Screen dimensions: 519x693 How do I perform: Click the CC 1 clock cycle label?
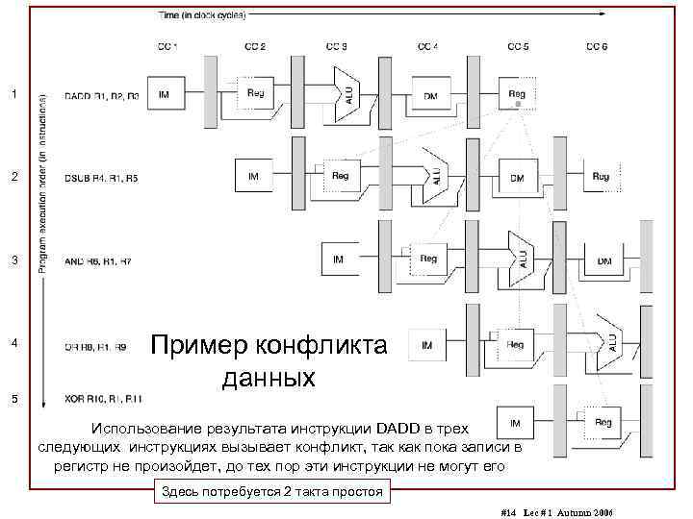tap(167, 45)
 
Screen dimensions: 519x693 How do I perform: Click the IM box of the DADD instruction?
tap(165, 94)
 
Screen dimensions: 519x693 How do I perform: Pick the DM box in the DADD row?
tap(429, 94)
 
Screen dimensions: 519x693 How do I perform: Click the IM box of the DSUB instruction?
tap(254, 177)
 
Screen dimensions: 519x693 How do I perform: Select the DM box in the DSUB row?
tap(517, 178)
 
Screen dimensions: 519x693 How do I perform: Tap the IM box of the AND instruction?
tap(339, 259)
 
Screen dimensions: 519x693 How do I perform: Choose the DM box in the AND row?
tap(604, 260)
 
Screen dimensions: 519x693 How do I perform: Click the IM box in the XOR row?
tap(516, 422)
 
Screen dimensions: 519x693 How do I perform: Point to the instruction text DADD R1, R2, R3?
tap(101, 95)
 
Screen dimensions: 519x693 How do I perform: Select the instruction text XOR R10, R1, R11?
tap(103, 398)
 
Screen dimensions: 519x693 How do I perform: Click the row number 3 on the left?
tap(13, 260)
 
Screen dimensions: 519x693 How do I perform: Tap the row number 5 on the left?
tap(13, 398)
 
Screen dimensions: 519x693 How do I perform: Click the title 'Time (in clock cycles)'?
tap(201, 15)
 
